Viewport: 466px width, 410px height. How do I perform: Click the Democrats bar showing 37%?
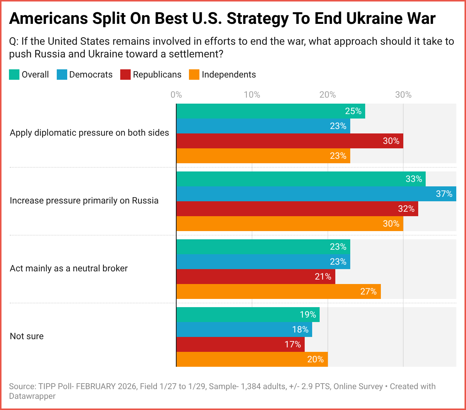(x=316, y=194)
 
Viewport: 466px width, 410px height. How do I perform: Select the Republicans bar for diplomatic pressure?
(x=289, y=141)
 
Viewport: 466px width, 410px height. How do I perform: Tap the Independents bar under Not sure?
(x=252, y=359)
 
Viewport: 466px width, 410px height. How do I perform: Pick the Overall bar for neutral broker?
(x=263, y=247)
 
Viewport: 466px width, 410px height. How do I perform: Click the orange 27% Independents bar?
(x=279, y=291)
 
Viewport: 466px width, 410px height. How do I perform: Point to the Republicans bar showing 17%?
(x=240, y=344)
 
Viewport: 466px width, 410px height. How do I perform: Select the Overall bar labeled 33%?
(x=301, y=179)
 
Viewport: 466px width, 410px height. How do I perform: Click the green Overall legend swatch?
(x=14, y=75)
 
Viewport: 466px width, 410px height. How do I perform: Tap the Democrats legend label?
(x=91, y=75)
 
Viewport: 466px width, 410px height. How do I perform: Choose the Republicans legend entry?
(x=151, y=75)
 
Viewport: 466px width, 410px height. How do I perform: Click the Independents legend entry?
(x=223, y=75)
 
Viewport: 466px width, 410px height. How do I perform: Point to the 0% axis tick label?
(x=176, y=95)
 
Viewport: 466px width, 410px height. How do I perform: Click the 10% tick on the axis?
(x=252, y=95)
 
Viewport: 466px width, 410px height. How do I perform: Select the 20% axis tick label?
(x=327, y=95)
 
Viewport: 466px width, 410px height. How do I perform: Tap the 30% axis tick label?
(x=403, y=95)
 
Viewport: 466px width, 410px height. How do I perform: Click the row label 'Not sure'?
(x=27, y=336)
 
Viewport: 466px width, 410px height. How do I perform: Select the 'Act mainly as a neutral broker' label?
(x=69, y=268)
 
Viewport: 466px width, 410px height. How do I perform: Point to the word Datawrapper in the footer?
(x=32, y=396)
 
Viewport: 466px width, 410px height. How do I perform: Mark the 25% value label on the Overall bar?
(x=353, y=111)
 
